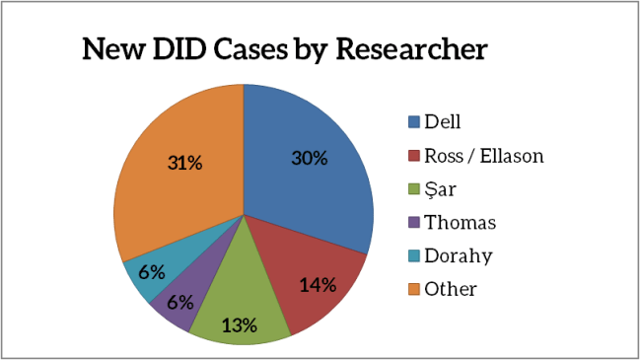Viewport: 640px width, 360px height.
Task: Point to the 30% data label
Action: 309,158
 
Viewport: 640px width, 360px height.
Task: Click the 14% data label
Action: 318,285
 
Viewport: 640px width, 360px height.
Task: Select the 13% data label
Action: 240,324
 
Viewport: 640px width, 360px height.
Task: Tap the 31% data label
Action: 183,163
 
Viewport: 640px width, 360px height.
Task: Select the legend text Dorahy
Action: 458,256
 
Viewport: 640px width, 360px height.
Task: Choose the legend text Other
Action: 451,289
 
